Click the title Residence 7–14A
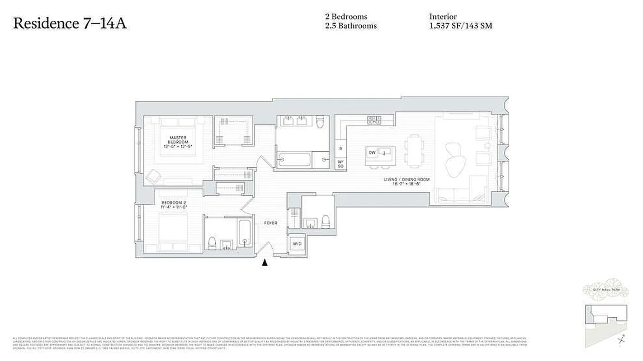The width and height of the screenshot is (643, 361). (x=70, y=23)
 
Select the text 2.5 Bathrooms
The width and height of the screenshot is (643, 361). (x=350, y=26)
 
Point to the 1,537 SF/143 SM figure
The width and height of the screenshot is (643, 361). (x=460, y=26)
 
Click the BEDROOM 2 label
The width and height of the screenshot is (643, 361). (x=174, y=204)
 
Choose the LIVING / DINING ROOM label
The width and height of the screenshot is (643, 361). (x=407, y=182)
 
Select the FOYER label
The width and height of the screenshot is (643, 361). (x=270, y=223)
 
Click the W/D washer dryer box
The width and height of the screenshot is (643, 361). (x=297, y=244)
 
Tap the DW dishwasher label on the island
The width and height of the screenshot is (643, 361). (x=372, y=153)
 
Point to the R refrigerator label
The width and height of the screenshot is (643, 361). (x=340, y=148)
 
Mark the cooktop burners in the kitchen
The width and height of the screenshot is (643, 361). (x=374, y=120)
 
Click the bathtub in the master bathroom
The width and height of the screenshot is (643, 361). (x=294, y=160)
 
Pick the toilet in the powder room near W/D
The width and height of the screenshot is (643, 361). (x=325, y=222)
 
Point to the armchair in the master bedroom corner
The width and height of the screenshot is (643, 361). (x=153, y=176)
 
